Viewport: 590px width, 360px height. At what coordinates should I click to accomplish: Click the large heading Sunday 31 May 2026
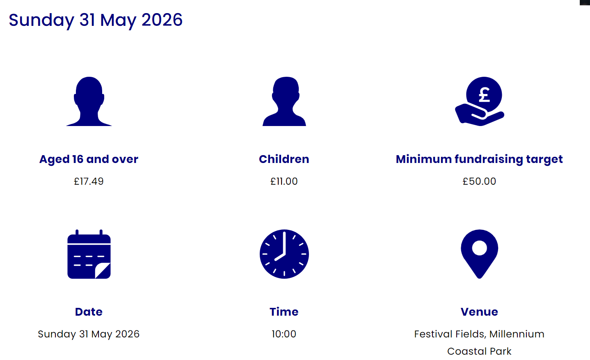point(96,20)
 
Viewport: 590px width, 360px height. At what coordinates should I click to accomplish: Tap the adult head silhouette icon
point(89,101)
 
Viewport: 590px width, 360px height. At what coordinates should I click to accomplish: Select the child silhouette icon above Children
point(284,101)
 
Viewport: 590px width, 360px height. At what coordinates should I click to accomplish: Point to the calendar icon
point(89,254)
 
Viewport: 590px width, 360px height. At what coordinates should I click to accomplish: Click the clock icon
point(284,254)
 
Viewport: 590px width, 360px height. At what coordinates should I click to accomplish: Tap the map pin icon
point(479,254)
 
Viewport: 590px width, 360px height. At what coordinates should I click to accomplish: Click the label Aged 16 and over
point(89,159)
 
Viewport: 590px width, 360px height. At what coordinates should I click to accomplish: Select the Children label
point(284,159)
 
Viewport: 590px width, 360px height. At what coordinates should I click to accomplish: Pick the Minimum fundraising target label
point(479,159)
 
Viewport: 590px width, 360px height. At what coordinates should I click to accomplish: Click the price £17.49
point(89,181)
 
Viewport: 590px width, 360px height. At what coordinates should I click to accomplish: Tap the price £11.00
point(284,181)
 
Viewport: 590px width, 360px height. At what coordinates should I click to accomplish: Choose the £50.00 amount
point(479,181)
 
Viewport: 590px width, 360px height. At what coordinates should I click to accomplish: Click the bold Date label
point(89,312)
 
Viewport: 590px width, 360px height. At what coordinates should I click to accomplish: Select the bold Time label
point(284,312)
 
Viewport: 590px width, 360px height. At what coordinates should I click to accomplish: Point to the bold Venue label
point(479,312)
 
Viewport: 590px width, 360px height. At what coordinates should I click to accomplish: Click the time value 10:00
point(284,334)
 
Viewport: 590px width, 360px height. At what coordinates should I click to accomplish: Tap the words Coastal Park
point(479,351)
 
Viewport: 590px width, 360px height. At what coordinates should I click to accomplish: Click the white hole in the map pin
point(479,248)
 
